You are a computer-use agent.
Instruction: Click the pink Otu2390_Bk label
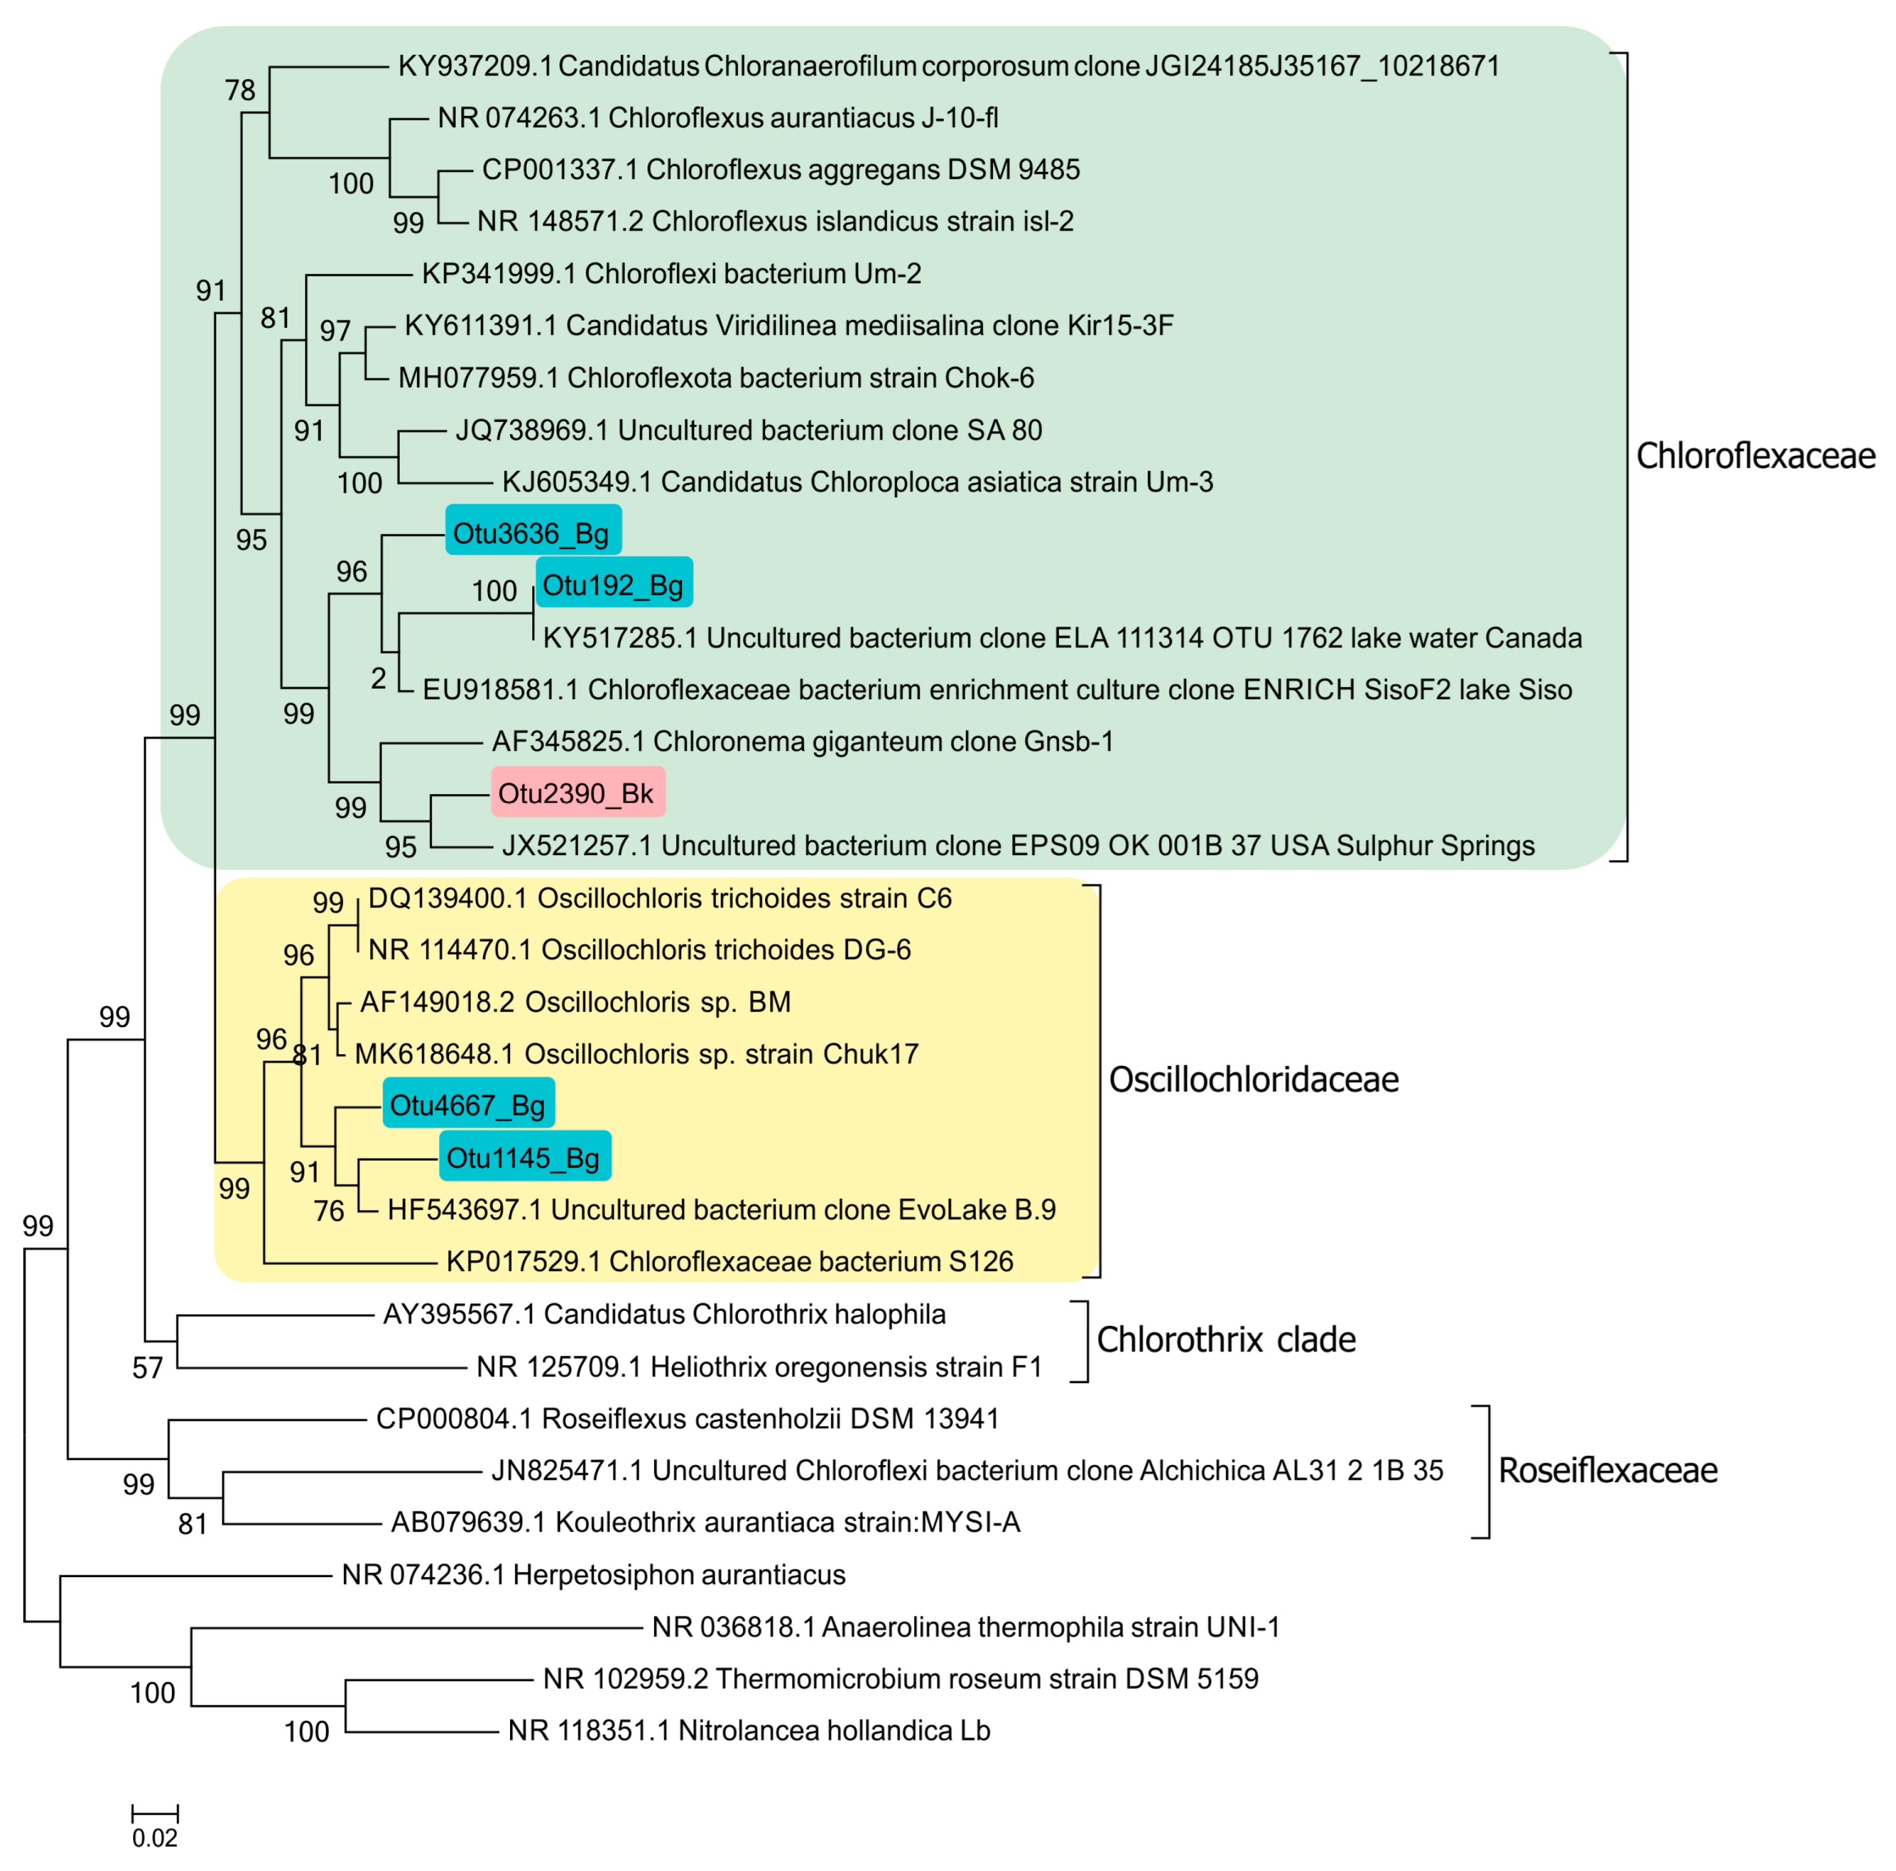pyautogui.click(x=577, y=793)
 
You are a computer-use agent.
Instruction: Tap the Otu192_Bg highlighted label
pyautogui.click(x=614, y=586)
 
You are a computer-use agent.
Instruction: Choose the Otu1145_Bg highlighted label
pyautogui.click(x=524, y=1158)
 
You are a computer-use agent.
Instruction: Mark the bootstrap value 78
pyautogui.click(x=240, y=91)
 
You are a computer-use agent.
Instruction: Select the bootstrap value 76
pyautogui.click(x=330, y=1211)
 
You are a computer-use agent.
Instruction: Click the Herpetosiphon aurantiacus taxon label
pyautogui.click(x=593, y=1575)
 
